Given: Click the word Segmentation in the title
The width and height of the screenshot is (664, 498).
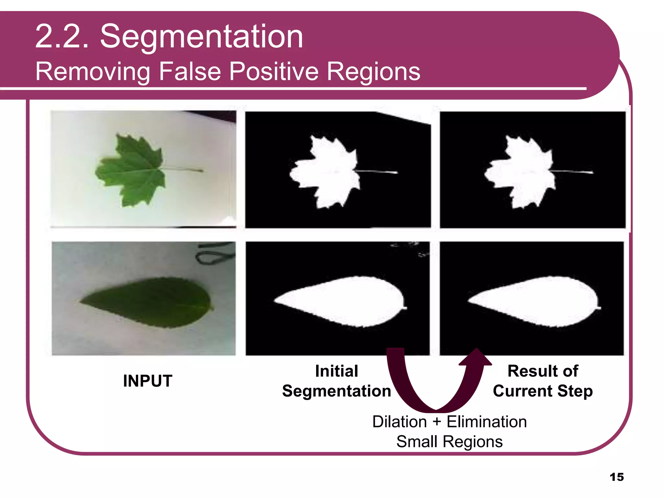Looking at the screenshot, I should (x=201, y=37).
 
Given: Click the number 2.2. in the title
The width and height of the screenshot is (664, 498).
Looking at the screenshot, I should (x=62, y=37).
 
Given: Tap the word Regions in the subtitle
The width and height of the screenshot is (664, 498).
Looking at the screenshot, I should (x=373, y=71).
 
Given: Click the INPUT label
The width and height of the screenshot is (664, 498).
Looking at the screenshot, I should (x=148, y=381).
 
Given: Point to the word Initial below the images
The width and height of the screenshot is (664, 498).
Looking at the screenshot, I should (x=337, y=371).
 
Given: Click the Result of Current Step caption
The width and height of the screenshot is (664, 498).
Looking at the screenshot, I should (x=543, y=381).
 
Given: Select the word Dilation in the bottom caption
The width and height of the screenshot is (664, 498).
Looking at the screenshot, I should (x=399, y=422).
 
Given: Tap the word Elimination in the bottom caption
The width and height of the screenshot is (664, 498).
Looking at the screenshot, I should (x=486, y=422).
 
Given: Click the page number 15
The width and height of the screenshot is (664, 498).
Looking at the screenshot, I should (x=616, y=477).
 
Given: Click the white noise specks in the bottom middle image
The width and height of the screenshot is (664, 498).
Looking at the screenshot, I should (x=413, y=248).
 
